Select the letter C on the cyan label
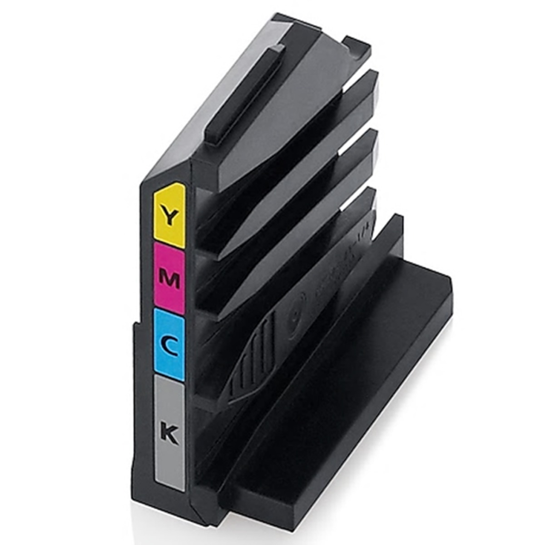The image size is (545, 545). [168, 346]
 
